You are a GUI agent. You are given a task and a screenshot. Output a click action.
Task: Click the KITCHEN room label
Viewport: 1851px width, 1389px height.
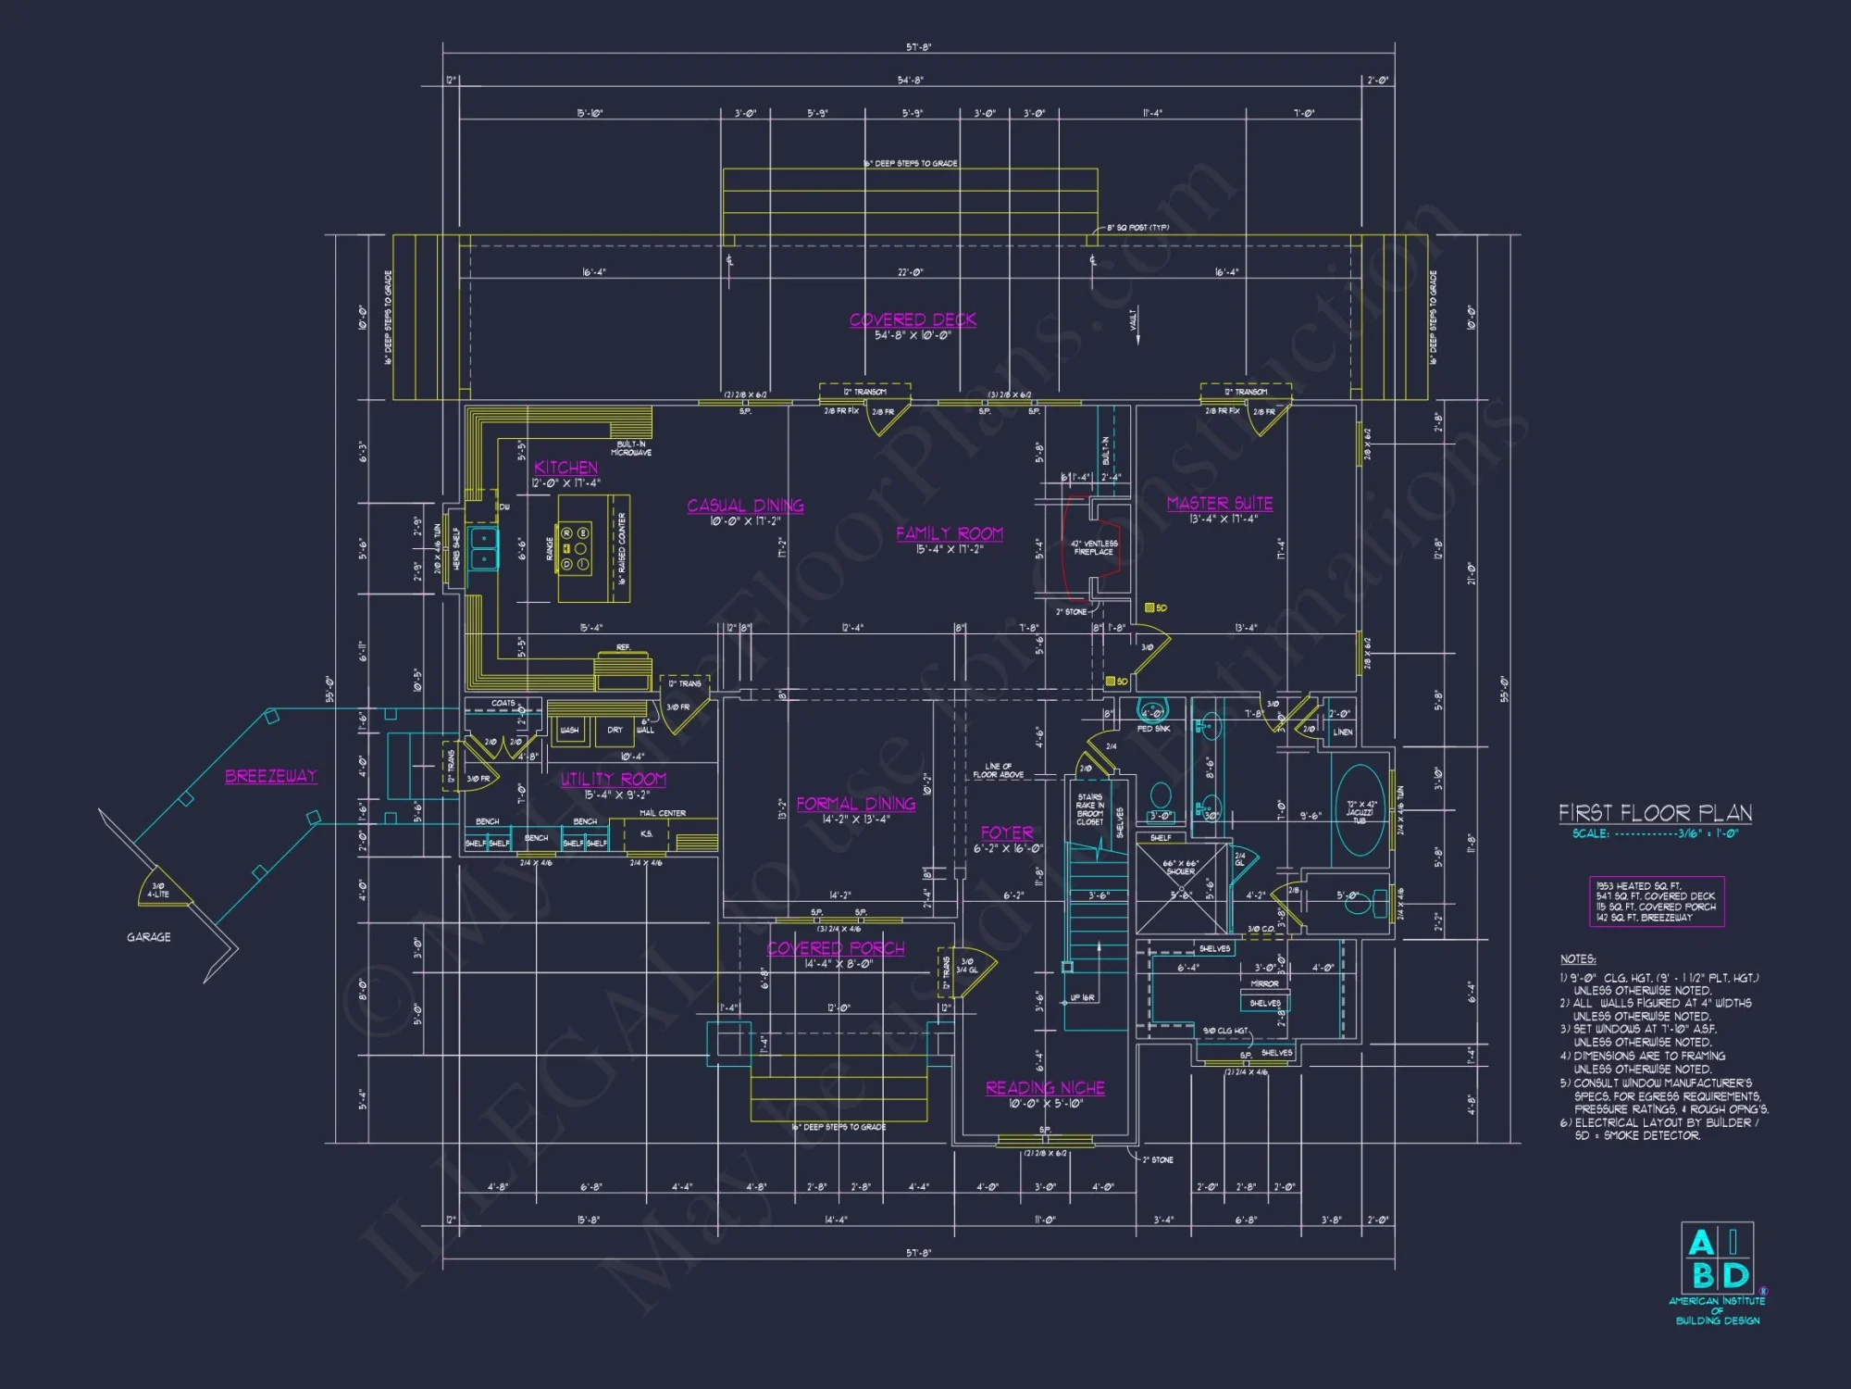[565, 468]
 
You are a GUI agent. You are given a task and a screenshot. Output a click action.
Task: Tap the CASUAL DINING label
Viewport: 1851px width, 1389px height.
[745, 506]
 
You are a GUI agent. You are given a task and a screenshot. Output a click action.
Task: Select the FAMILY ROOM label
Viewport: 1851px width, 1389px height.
[949, 533]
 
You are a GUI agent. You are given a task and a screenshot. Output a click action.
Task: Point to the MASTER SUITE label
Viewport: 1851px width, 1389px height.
[1219, 503]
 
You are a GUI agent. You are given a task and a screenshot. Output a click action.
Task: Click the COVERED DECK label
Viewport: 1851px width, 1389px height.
[913, 319]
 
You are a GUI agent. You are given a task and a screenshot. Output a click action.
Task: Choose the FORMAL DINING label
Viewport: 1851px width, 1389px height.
[855, 804]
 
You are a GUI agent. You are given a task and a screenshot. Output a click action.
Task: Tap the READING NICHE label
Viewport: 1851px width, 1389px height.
[1045, 1088]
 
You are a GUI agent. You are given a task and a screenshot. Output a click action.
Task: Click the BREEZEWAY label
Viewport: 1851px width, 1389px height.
[270, 776]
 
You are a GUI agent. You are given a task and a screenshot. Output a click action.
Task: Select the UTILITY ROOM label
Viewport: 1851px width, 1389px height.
[613, 780]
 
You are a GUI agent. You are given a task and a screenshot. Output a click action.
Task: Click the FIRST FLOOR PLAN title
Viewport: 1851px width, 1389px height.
[1655, 813]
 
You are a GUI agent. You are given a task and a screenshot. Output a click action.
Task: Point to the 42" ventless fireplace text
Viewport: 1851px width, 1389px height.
[1094, 547]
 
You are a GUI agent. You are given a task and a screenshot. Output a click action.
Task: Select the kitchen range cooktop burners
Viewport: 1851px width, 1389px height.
[575, 548]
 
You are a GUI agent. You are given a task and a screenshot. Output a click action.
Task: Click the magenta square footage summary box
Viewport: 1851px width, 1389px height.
[1656, 901]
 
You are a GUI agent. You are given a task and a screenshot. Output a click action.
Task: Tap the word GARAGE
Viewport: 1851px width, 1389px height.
[148, 937]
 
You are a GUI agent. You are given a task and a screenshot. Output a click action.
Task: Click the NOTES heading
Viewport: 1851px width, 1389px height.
[1577, 959]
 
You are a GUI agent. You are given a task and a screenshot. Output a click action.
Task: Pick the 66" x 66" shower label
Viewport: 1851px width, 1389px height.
[1180, 867]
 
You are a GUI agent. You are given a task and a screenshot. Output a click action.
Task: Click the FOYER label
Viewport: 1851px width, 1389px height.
[1007, 832]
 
